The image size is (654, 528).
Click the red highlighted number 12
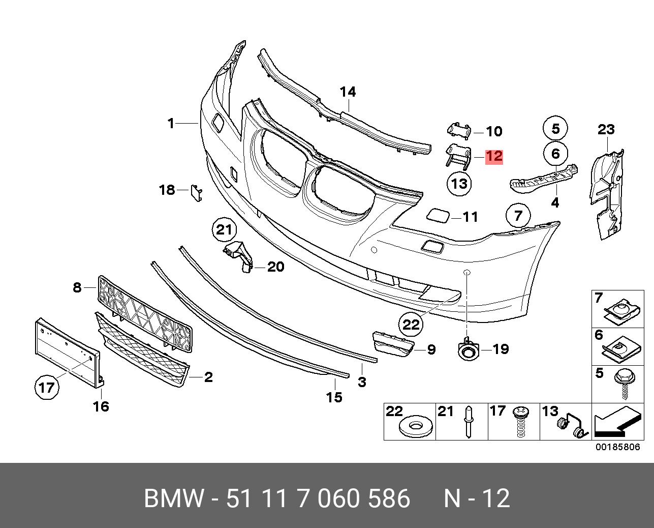pos(494,156)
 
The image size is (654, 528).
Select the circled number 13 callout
pos(459,183)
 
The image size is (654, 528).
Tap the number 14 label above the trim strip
pos(348,92)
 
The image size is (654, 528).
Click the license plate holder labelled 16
pos(66,351)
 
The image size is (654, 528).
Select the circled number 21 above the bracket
pos(224,230)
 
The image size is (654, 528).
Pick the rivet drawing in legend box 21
pos(468,422)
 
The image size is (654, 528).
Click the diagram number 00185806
pos(618,448)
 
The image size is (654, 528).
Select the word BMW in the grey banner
pos(173,498)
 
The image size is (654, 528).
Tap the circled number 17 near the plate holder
pos(46,388)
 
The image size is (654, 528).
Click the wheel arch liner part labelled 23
pos(607,193)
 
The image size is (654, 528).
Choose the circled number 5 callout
pos(555,128)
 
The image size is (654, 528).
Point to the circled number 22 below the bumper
pos(411,324)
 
